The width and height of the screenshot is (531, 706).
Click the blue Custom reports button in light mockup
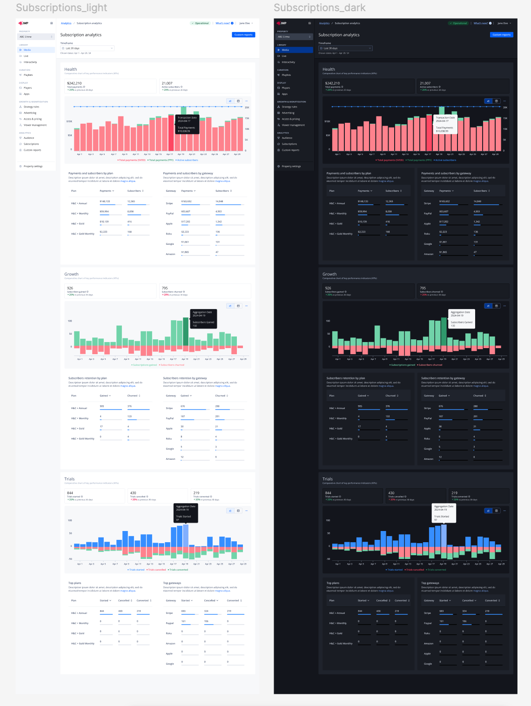[243, 35]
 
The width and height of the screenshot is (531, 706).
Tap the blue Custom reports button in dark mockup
[502, 35]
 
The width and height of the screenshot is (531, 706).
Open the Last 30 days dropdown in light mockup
[87, 48]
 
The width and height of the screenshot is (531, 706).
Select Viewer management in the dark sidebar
[293, 125]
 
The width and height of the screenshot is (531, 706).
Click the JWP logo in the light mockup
[23, 23]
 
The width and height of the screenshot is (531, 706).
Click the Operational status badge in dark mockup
[458, 23]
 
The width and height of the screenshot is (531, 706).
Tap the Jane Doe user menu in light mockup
[246, 23]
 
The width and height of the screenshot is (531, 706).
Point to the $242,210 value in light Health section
[74, 83]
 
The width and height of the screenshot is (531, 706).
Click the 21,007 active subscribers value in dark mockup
[425, 83]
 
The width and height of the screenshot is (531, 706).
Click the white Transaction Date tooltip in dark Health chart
[445, 124]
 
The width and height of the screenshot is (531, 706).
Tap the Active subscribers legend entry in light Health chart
[187, 160]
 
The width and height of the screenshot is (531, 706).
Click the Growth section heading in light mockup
[71, 274]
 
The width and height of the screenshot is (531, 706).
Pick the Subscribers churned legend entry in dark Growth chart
[430, 365]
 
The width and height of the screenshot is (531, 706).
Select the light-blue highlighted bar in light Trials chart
[186, 536]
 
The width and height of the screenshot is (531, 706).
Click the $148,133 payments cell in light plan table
[105, 202]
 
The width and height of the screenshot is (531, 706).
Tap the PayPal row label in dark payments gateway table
[428, 214]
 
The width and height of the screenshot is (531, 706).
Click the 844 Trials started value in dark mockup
[328, 493]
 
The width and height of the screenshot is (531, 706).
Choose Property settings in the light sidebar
[33, 166]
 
